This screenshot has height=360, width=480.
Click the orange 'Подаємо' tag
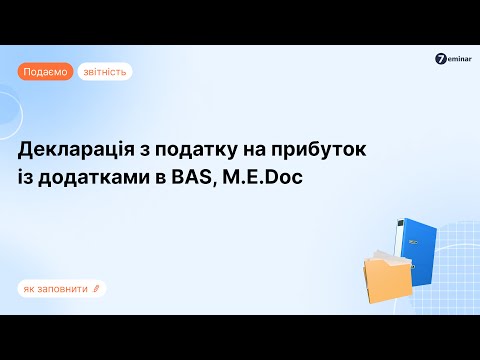pos(45,72)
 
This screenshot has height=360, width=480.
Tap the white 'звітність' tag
pos(104,72)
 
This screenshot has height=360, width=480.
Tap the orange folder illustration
pos(381,275)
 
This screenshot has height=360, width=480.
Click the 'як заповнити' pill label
pos(60,289)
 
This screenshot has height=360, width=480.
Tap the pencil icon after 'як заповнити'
pos(96,289)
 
